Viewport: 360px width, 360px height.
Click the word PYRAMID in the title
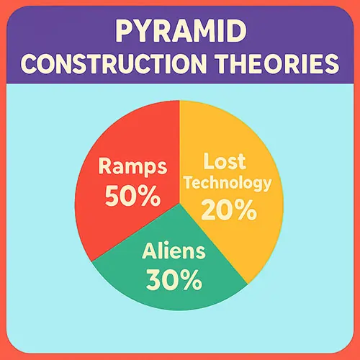[x=181, y=31]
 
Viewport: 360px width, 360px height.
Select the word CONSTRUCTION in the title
[x=114, y=63]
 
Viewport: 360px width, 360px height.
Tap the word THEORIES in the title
[x=278, y=63]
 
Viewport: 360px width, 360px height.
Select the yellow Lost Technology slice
[x=230, y=187]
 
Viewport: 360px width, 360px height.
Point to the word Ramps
[x=132, y=166]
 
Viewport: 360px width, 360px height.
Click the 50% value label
[x=132, y=196]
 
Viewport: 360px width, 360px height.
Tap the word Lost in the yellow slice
[x=225, y=161]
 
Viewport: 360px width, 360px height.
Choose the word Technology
[x=228, y=184]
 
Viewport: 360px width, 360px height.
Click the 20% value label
[x=229, y=210]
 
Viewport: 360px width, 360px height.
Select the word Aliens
[x=174, y=251]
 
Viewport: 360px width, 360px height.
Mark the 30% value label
[x=174, y=279]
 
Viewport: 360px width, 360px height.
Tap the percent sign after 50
[x=150, y=196]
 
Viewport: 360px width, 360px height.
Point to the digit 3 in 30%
[x=153, y=279]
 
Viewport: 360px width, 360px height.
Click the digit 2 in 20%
[x=208, y=210]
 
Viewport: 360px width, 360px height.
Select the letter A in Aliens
[x=150, y=251]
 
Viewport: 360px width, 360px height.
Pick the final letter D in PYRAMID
[x=237, y=31]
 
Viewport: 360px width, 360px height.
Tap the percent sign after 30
[x=192, y=279]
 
